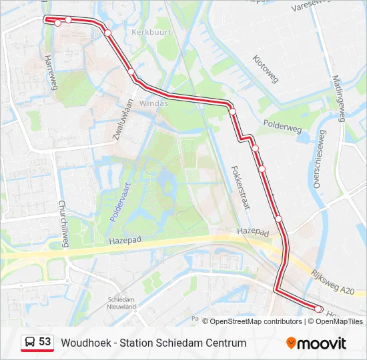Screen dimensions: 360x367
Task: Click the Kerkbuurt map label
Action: pos(151,31)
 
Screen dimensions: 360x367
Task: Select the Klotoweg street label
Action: pos(266,69)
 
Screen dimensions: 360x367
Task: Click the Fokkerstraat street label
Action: pos(240,187)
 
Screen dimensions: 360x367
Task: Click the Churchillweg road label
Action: pos(63,224)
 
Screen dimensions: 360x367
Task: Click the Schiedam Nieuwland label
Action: pos(122,303)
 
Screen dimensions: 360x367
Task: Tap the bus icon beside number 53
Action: pos(30,342)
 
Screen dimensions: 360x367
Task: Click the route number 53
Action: pos(45,342)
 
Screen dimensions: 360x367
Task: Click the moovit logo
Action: pos(316,343)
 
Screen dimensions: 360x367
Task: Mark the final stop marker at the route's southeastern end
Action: pos(318,309)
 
